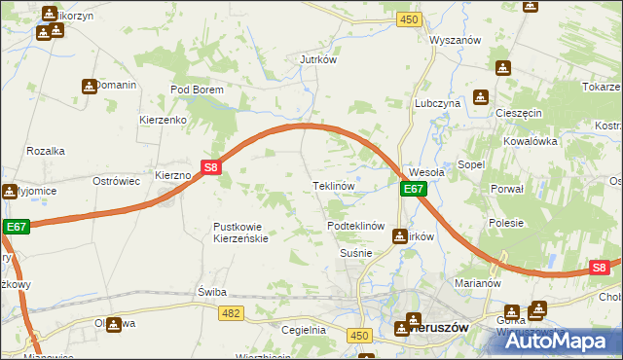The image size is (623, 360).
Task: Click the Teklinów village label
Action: (331, 185)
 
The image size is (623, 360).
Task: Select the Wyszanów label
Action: (457, 40)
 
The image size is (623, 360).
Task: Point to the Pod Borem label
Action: (197, 90)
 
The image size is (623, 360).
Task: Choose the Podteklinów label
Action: (357, 226)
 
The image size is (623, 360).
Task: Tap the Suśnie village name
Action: (356, 252)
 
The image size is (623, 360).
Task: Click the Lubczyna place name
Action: (436, 102)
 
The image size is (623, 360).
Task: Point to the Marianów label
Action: (477, 283)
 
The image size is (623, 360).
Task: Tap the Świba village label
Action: (211, 292)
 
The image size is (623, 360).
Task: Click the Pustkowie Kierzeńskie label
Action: (244, 233)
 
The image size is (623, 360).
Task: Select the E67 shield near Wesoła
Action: (414, 189)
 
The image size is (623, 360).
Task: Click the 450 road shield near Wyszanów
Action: (409, 19)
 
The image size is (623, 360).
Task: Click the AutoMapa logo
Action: (566, 341)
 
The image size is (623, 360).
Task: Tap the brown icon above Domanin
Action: (90, 86)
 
